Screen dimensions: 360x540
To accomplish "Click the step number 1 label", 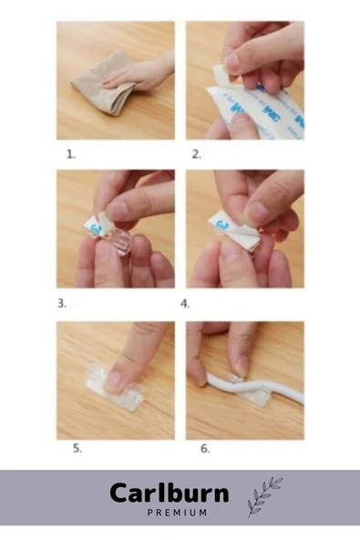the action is (71, 155).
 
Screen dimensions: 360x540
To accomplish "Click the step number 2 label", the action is (197, 155).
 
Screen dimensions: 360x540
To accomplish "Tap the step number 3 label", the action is (62, 304).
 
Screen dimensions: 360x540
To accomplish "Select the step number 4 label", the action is (185, 304).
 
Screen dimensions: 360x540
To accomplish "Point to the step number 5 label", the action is (77, 449).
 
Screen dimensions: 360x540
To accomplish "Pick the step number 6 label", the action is (205, 449).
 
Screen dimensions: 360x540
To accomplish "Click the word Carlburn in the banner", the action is (170, 493).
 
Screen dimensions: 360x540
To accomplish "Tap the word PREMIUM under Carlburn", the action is (177, 513).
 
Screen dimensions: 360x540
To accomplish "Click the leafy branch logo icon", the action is (264, 496).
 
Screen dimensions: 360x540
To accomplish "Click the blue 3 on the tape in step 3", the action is (97, 228).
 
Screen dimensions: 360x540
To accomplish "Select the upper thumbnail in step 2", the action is (231, 64).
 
